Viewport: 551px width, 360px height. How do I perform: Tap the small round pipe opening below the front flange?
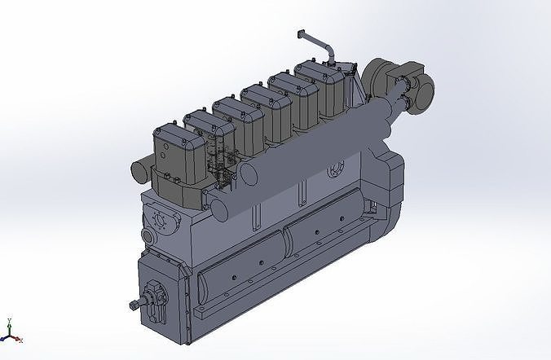coord(148,236)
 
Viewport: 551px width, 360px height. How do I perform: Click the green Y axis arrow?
coord(7,323)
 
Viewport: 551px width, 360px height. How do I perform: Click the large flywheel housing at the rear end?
coord(387,204)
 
